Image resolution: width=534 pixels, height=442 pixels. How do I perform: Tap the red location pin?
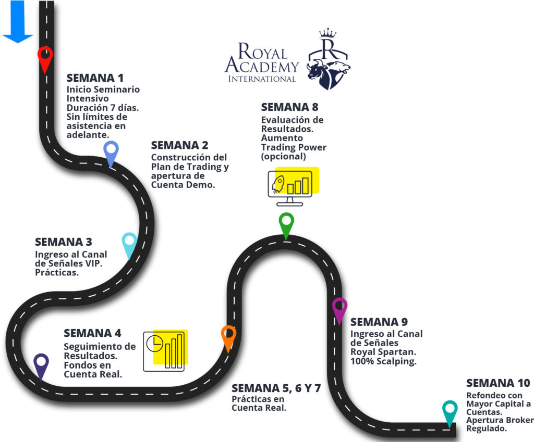[x=45, y=58]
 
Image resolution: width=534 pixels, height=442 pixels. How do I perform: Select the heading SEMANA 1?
[x=95, y=78]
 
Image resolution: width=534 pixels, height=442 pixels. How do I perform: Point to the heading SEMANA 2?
[x=179, y=145]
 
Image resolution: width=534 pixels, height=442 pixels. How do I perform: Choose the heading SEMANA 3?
[x=64, y=242]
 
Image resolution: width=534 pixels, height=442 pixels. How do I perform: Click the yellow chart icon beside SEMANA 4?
[x=171, y=347]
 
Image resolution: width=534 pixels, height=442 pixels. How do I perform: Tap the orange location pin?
[x=228, y=337]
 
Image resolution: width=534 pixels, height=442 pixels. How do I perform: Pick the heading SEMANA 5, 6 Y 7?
[x=276, y=388]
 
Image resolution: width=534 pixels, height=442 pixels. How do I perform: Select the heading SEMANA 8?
[x=290, y=107]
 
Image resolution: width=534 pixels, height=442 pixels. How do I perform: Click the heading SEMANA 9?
[x=379, y=322]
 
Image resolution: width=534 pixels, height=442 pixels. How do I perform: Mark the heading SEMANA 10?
[x=498, y=383]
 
